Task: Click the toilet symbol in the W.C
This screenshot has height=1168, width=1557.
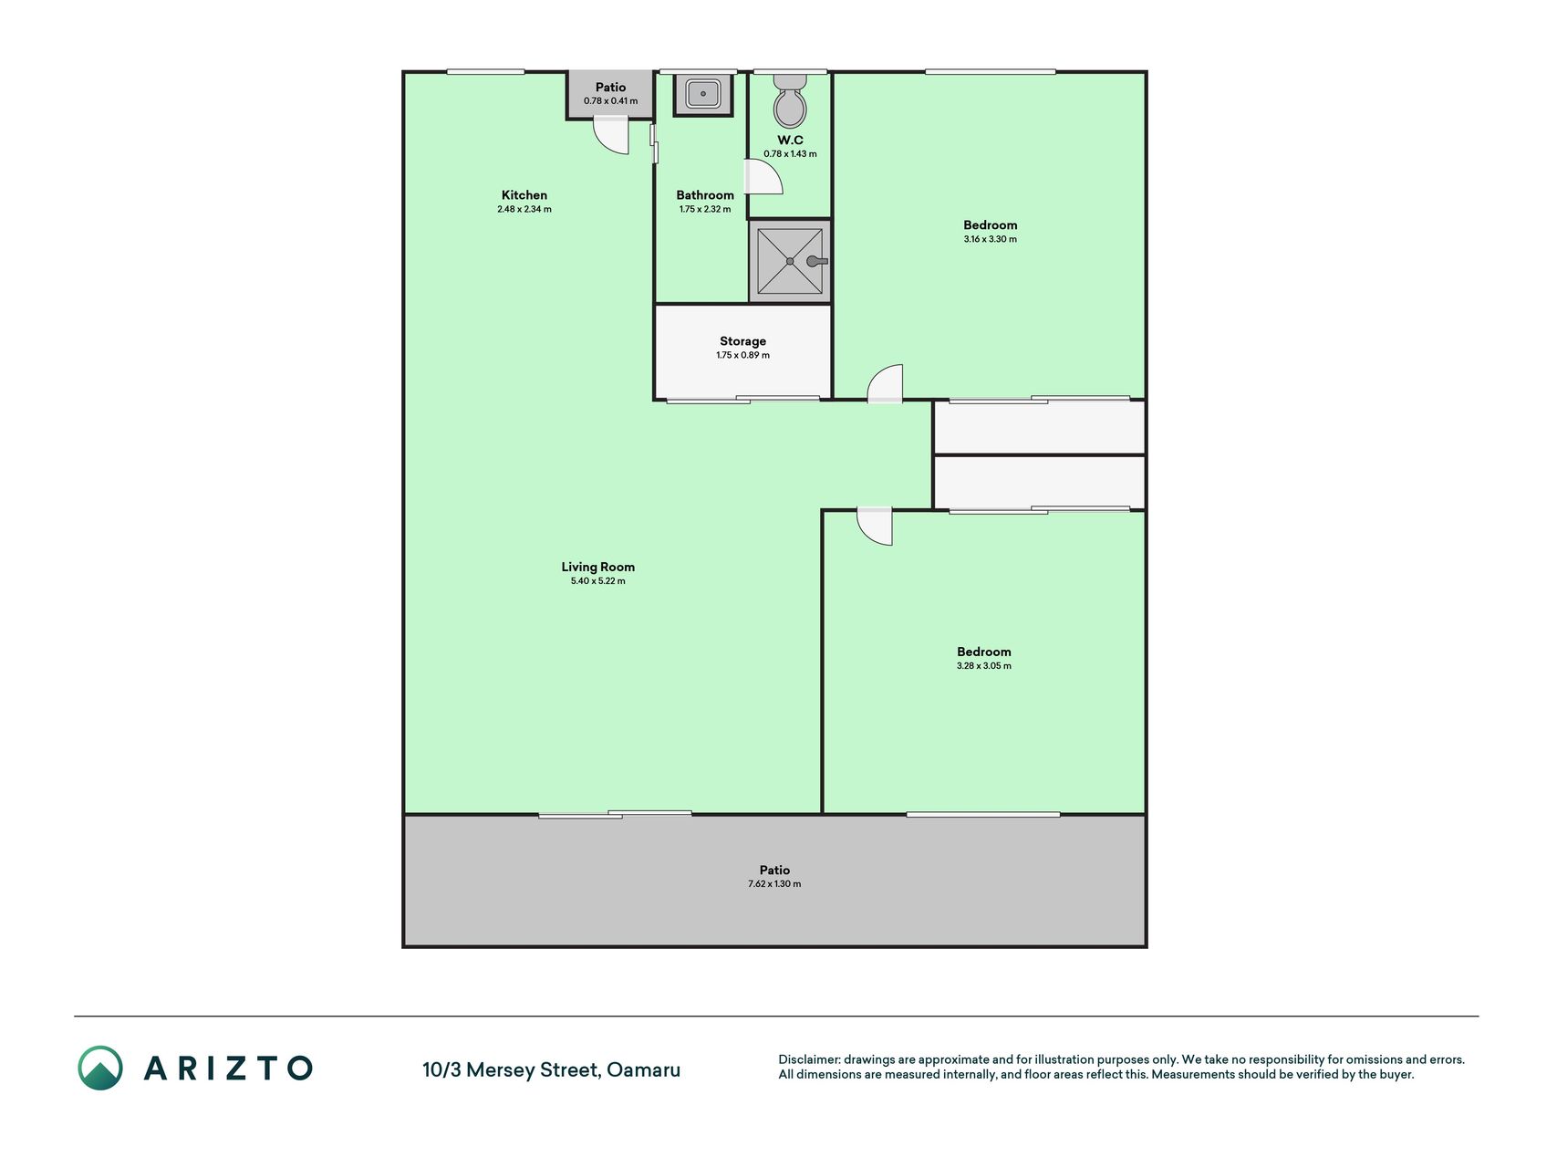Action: pos(790,101)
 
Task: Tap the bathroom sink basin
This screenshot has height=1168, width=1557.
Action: pos(703,94)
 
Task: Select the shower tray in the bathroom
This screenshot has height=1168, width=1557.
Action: pos(790,261)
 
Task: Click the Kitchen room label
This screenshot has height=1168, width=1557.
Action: pos(524,194)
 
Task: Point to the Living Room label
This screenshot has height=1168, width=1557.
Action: pos(598,567)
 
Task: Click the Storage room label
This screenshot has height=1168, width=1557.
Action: pos(742,341)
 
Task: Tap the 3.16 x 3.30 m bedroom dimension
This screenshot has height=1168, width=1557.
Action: pos(991,239)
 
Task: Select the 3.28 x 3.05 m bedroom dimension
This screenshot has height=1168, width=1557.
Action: pos(984,666)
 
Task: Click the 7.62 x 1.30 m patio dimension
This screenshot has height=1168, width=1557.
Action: pos(774,884)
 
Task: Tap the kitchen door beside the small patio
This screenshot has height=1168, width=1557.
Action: pos(611,136)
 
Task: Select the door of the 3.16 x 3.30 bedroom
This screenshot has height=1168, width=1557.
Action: pos(885,383)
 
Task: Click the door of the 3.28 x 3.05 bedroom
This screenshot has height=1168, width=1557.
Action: pos(875,527)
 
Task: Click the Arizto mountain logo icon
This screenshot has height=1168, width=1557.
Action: pos(100,1068)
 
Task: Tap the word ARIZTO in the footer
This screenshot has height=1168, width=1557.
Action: pos(228,1069)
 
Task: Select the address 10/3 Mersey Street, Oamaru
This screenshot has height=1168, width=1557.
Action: pos(551,1069)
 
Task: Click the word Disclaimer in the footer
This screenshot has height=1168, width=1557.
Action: pos(808,1059)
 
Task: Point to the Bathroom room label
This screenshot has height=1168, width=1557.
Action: pos(705,194)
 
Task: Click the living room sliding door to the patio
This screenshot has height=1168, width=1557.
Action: pos(615,814)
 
